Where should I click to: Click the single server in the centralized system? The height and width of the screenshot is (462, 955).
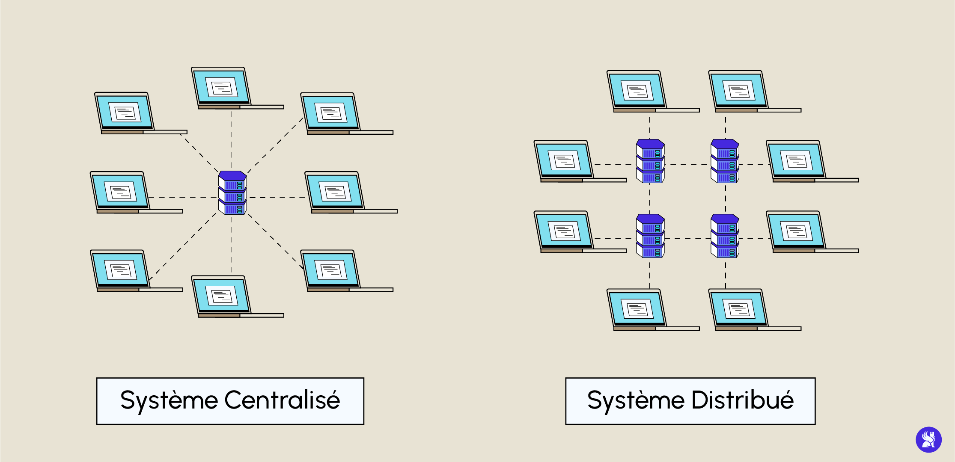(232, 193)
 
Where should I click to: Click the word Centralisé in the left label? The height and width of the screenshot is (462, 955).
(282, 401)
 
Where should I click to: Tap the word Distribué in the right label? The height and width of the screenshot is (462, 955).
(742, 401)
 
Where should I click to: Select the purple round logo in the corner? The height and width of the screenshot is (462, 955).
(928, 439)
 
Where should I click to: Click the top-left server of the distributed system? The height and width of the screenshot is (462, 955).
(650, 161)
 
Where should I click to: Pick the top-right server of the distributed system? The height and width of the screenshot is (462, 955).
(725, 161)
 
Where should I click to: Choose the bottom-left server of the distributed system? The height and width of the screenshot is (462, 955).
(650, 236)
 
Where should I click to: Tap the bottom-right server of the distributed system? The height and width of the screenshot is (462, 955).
(725, 236)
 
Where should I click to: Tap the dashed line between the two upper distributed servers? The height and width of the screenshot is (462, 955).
(687, 164)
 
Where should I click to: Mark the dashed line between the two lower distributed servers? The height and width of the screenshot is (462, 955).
(687, 238)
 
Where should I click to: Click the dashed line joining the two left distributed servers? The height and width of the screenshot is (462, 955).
(650, 198)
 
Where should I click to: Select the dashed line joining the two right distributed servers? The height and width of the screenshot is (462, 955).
(726, 198)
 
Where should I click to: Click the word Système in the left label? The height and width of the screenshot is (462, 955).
(169, 401)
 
